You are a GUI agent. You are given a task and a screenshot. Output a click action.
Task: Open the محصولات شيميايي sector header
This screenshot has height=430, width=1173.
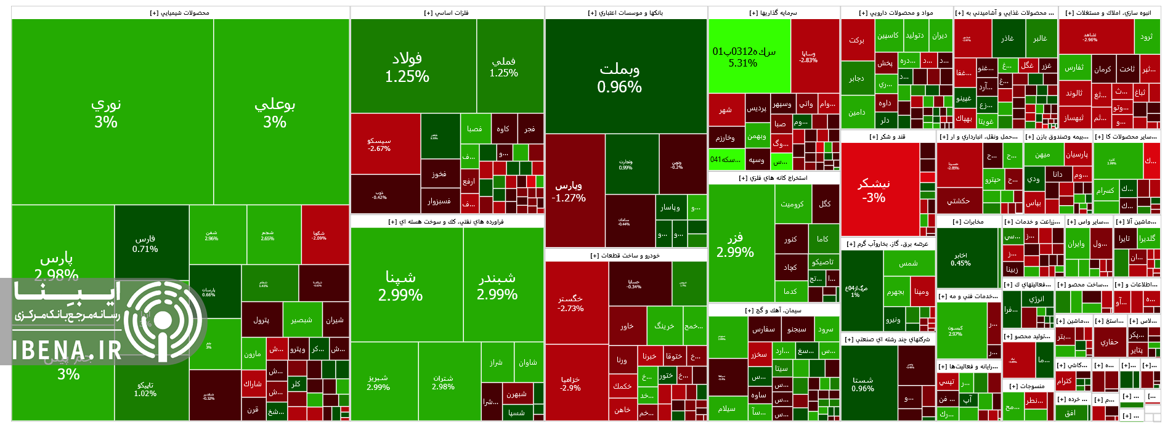180,13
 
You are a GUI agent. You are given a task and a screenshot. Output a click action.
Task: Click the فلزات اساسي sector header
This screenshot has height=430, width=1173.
447,13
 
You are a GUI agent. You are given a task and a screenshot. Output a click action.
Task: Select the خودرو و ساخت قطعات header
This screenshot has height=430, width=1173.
625,255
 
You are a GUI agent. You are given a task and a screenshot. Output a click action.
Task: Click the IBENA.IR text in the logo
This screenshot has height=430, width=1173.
68,350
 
